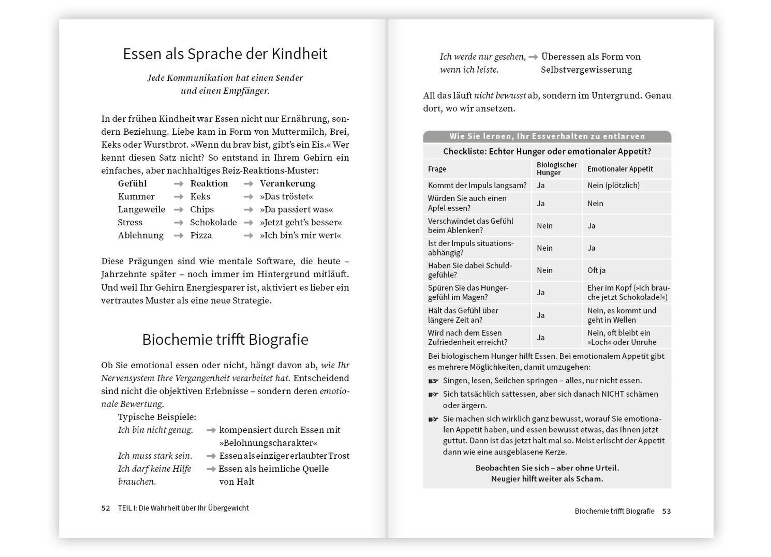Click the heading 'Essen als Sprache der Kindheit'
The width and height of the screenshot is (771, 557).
225,54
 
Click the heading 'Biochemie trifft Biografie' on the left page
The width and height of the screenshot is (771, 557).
225,340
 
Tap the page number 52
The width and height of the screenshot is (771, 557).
105,508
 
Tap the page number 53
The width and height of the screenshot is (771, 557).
666,511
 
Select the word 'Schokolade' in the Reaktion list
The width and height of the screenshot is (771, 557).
213,222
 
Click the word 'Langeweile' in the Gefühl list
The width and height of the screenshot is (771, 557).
141,210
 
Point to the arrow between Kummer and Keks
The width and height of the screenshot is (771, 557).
179,197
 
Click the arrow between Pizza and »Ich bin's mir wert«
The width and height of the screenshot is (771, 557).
249,235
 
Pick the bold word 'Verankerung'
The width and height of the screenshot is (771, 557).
288,184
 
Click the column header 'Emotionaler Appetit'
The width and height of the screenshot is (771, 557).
620,169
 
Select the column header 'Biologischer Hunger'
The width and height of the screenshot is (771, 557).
556,169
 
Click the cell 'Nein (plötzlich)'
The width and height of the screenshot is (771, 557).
613,185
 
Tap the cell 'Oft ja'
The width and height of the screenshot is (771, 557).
596,270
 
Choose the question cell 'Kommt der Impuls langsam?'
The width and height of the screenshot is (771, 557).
477,185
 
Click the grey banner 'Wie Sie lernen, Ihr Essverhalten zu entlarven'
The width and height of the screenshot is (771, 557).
547,136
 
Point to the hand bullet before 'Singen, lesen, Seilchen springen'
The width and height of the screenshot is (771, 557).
433,381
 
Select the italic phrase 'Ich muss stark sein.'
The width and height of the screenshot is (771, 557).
155,456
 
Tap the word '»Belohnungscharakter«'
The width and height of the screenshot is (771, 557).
269,443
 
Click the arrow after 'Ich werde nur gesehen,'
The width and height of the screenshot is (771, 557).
533,57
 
